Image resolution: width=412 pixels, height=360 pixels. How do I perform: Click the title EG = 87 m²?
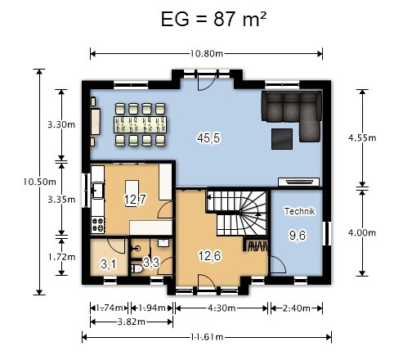point(213,20)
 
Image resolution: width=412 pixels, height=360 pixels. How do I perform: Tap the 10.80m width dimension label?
point(206,54)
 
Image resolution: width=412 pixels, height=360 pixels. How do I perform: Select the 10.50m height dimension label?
point(39,182)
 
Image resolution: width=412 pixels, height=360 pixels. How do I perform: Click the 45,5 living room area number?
point(208,138)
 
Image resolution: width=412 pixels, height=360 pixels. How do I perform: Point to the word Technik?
point(300,211)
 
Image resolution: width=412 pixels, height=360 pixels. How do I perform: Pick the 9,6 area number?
point(298,235)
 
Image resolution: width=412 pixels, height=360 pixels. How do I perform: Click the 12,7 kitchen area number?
point(135,200)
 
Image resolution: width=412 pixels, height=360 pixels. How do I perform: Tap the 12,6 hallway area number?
point(209,256)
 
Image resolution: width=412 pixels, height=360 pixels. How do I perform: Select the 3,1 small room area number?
point(109,264)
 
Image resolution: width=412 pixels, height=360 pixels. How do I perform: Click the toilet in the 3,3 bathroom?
point(137,268)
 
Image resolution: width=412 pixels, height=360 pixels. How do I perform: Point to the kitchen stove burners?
point(98,224)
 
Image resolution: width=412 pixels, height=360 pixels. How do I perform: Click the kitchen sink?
point(97,190)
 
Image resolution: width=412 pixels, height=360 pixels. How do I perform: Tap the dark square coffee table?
point(282,139)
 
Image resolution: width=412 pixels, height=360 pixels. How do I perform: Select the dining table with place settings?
point(140,124)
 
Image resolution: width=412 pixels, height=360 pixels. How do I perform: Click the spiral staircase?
point(236,213)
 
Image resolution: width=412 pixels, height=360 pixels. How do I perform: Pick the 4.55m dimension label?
point(362,138)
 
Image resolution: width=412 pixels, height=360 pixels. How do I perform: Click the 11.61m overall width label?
point(207,337)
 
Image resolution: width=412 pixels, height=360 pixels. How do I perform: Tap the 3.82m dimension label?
point(132,322)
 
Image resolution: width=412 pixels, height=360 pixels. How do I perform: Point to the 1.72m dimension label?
point(61,257)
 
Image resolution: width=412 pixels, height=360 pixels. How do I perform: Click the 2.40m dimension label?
point(296,308)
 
